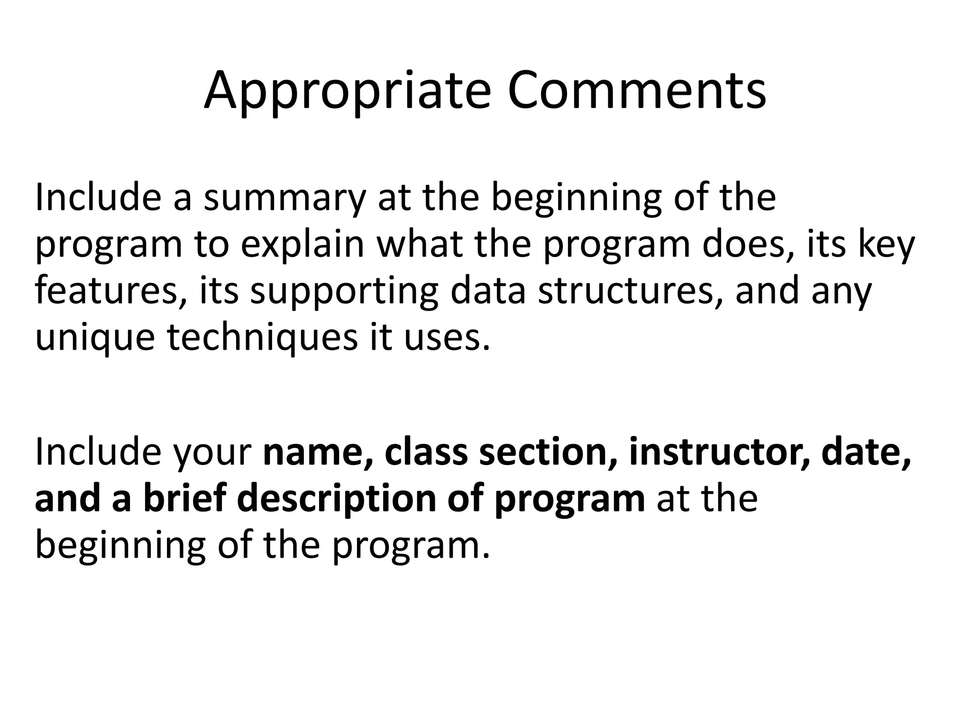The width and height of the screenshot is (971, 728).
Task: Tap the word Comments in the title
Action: click(x=636, y=91)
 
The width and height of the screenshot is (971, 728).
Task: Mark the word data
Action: click(x=488, y=291)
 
